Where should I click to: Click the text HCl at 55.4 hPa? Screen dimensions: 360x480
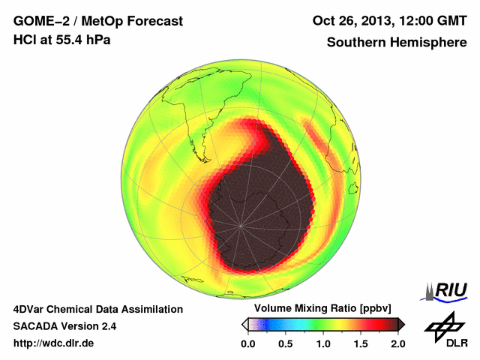coord(61,40)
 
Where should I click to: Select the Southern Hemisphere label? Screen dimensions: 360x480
coord(397,43)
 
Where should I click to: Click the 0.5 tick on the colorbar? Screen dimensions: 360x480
coord(285,343)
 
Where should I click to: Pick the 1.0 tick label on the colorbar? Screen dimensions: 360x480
coord(322,343)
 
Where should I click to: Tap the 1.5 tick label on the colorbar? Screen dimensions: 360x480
coord(360,343)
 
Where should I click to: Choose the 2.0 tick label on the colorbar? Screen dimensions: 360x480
coord(397,343)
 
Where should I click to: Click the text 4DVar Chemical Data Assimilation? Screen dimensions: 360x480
coord(97,309)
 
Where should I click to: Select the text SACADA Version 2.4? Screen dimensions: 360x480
coord(64,326)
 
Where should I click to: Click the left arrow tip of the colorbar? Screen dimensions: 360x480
coord(244,324)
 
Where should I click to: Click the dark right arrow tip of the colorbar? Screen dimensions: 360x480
coord(402,324)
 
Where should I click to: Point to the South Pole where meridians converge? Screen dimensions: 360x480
coord(241,223)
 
